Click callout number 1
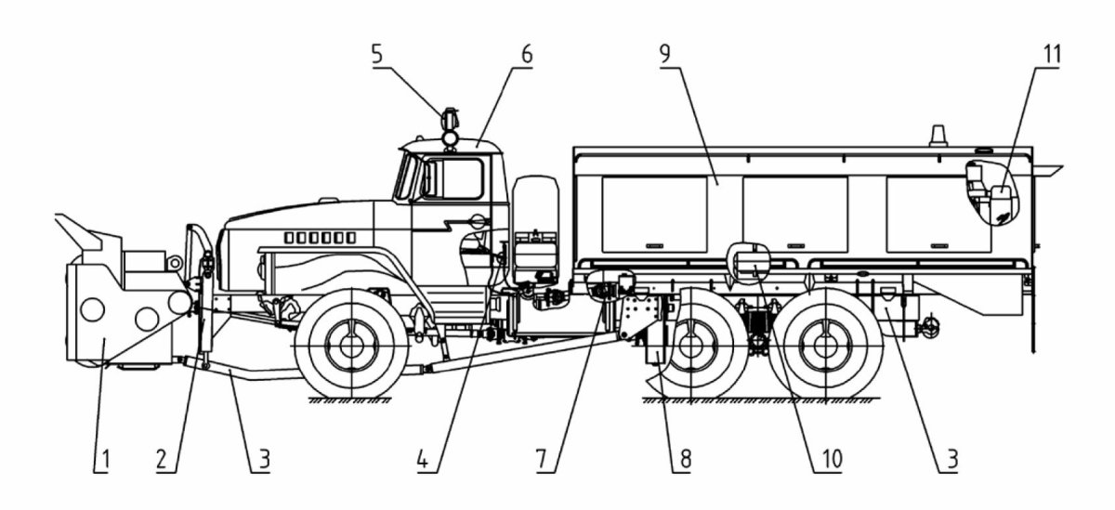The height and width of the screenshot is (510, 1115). (104, 459)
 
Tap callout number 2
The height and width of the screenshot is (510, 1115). (163, 459)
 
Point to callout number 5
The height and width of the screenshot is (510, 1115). (377, 53)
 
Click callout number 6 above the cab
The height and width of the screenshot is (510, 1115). (526, 53)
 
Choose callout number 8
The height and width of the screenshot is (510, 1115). (685, 459)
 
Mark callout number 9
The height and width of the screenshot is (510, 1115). (665, 53)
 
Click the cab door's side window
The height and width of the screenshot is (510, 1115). (455, 178)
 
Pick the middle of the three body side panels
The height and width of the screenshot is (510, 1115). (795, 214)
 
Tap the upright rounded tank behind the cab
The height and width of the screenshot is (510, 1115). (534, 228)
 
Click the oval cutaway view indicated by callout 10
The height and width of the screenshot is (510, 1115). (752, 261)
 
